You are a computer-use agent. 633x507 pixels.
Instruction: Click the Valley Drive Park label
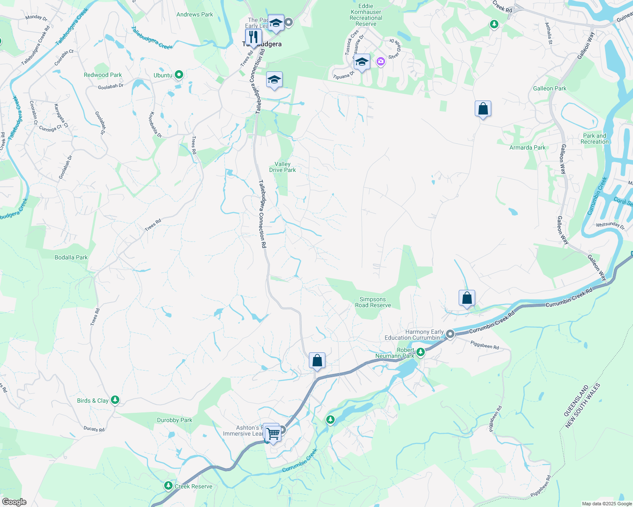[x=283, y=167]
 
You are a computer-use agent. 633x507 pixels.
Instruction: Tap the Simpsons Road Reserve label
[x=373, y=302]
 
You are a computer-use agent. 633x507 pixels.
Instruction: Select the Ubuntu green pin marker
[x=179, y=75]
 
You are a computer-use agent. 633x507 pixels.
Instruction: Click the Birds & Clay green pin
[x=115, y=400]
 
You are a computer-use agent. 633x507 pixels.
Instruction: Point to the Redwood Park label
[x=103, y=75]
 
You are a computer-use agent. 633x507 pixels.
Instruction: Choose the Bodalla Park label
[x=71, y=257]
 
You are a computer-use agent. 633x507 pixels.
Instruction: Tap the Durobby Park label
[x=174, y=420]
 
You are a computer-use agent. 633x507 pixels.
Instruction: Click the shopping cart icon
[x=273, y=433]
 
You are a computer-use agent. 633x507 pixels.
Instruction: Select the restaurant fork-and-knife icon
[x=253, y=36]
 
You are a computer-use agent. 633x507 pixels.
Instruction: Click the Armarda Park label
[x=527, y=147]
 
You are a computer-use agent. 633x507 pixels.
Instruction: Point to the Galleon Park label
[x=550, y=88]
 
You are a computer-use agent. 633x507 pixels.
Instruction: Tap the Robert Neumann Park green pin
[x=420, y=352]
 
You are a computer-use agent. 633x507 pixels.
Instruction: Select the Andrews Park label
[x=195, y=14]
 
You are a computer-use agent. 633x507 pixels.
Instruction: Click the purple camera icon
[x=381, y=62]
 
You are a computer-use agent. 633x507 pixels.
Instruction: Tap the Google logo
[x=14, y=502]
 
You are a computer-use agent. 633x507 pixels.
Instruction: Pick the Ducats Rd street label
[x=94, y=429]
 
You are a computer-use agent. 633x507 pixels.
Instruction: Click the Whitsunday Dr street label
[x=610, y=225]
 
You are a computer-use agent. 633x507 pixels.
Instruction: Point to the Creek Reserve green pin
[x=168, y=486]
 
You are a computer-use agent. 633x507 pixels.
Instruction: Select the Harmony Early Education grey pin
[x=450, y=334]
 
